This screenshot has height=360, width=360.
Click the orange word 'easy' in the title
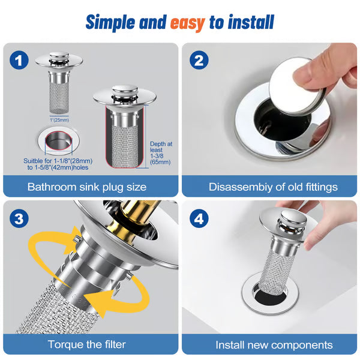click(187, 22)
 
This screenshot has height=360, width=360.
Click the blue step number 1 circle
click(20, 60)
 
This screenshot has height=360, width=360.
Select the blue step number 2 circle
click(199, 60)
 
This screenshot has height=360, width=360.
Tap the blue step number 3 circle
click(20, 219)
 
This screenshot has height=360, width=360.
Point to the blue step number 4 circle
click(199, 219)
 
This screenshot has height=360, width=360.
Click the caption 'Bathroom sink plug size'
click(87, 187)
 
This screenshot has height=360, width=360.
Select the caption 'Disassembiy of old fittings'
click(273, 187)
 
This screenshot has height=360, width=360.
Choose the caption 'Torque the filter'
click(88, 344)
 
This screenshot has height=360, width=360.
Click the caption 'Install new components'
click(274, 344)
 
